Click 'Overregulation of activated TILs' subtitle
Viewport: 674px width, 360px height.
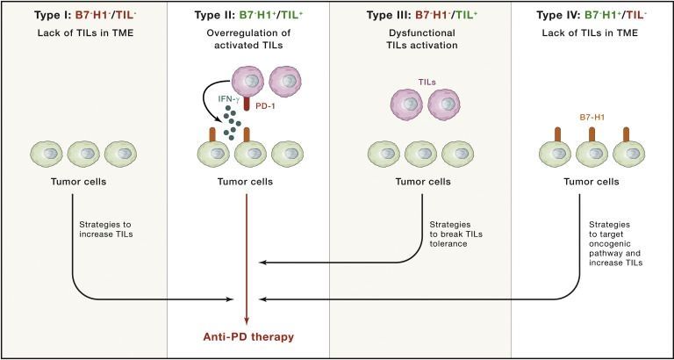click(x=248, y=40)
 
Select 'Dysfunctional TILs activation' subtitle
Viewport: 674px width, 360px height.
click(x=414, y=40)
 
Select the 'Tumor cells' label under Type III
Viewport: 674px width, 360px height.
click(x=414, y=183)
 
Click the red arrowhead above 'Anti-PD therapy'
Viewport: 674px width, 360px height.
click(x=248, y=320)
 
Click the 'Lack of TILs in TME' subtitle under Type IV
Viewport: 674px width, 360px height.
click(x=583, y=34)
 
